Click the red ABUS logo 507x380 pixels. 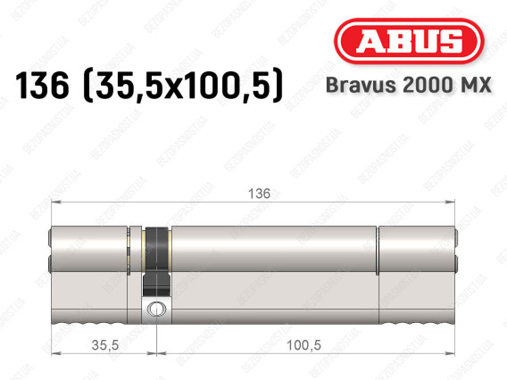pyautogui.click(x=409, y=41)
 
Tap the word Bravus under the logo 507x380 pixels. pyautogui.click(x=361, y=85)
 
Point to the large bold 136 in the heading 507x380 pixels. pyautogui.click(x=42, y=86)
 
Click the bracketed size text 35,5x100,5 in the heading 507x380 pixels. pyautogui.click(x=183, y=86)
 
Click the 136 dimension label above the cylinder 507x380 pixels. pyautogui.click(x=259, y=194)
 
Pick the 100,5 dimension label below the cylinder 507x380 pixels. pyautogui.click(x=303, y=345)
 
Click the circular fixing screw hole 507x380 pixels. pyautogui.click(x=156, y=309)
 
